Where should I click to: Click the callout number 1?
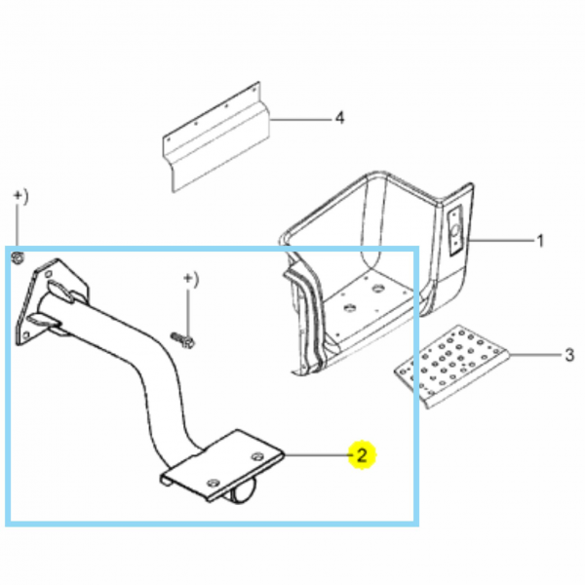click(x=540, y=240)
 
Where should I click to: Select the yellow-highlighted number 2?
click(x=362, y=454)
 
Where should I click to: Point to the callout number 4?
click(x=339, y=119)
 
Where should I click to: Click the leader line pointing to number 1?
click(x=500, y=240)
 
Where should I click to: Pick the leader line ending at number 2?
click(x=316, y=454)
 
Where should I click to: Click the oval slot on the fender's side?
click(x=455, y=232)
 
